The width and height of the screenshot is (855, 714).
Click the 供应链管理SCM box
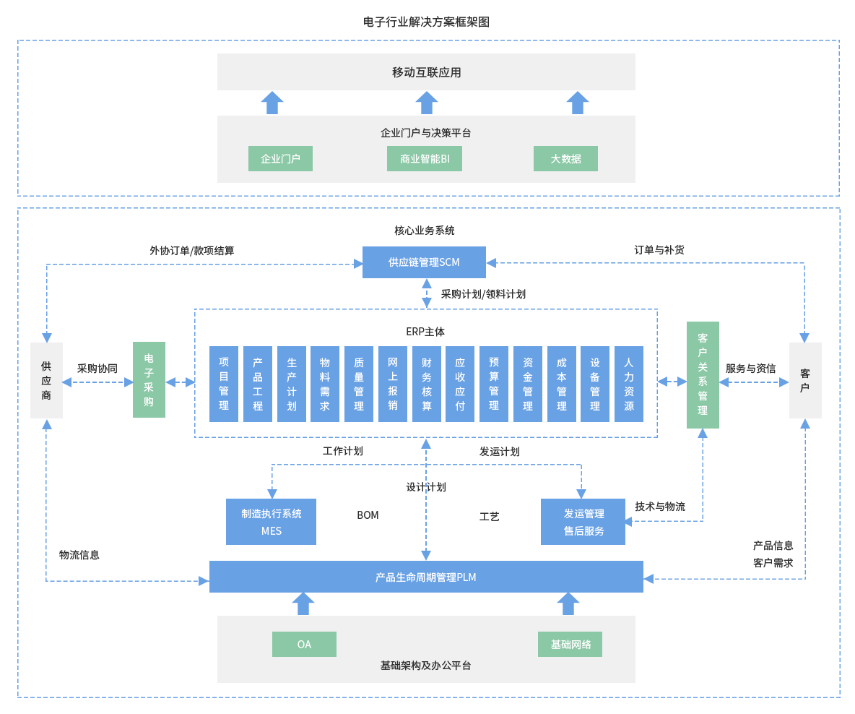[x=424, y=262]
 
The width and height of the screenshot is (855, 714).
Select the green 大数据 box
[x=565, y=159]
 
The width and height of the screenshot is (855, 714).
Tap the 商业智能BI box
[x=425, y=159]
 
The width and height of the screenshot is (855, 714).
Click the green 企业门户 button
[x=280, y=159]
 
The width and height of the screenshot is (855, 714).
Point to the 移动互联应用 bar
[x=426, y=72]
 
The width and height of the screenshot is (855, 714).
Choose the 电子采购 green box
[x=149, y=380]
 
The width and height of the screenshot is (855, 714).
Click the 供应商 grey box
[x=46, y=381]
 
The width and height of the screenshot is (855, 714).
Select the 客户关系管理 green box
[x=703, y=375]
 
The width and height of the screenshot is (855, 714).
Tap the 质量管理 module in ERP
[x=359, y=384]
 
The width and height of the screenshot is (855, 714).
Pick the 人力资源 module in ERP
[x=629, y=384]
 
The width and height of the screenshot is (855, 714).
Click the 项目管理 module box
[x=224, y=384]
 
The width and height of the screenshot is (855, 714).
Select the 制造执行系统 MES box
[x=271, y=522]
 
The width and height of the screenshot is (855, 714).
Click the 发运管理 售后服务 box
[x=583, y=522]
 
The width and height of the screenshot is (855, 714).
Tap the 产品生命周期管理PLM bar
[x=426, y=577]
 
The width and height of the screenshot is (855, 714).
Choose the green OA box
[x=304, y=644]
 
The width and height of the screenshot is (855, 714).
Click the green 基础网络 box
[x=570, y=644]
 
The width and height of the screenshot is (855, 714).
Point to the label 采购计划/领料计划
[x=483, y=294]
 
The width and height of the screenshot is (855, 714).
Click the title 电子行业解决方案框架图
[x=426, y=22]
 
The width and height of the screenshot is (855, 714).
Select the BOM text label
[x=368, y=515]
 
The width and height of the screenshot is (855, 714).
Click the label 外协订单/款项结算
[x=191, y=251]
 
